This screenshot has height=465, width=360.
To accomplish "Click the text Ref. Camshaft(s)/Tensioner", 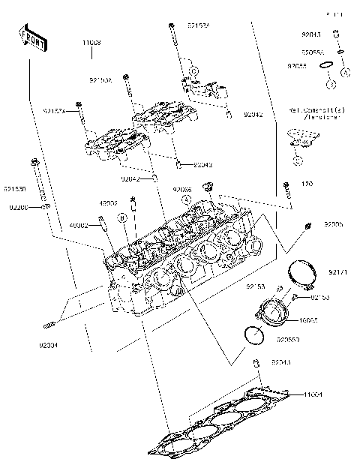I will click(x=314, y=114).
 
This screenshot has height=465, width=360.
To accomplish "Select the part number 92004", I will click(x=48, y=346).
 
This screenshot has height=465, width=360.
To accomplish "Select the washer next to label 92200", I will click(x=45, y=206).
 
